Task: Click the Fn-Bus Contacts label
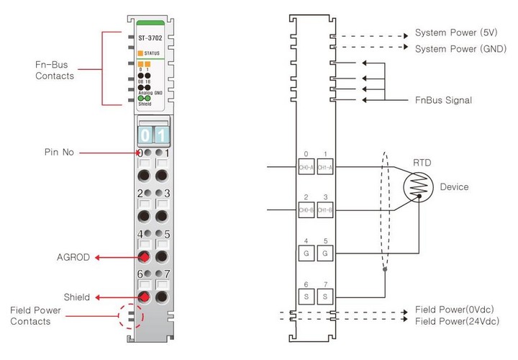coord(55,70)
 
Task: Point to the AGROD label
coord(74,257)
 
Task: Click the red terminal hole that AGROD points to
coord(144,257)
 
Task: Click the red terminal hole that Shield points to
coord(144,297)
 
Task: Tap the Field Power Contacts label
coord(30,315)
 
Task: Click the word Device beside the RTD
coord(454,187)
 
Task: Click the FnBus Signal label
coord(444,100)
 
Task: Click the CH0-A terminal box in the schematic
coord(306,168)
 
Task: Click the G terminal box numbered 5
coord(325,253)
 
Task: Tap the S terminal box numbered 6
coord(306,296)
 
